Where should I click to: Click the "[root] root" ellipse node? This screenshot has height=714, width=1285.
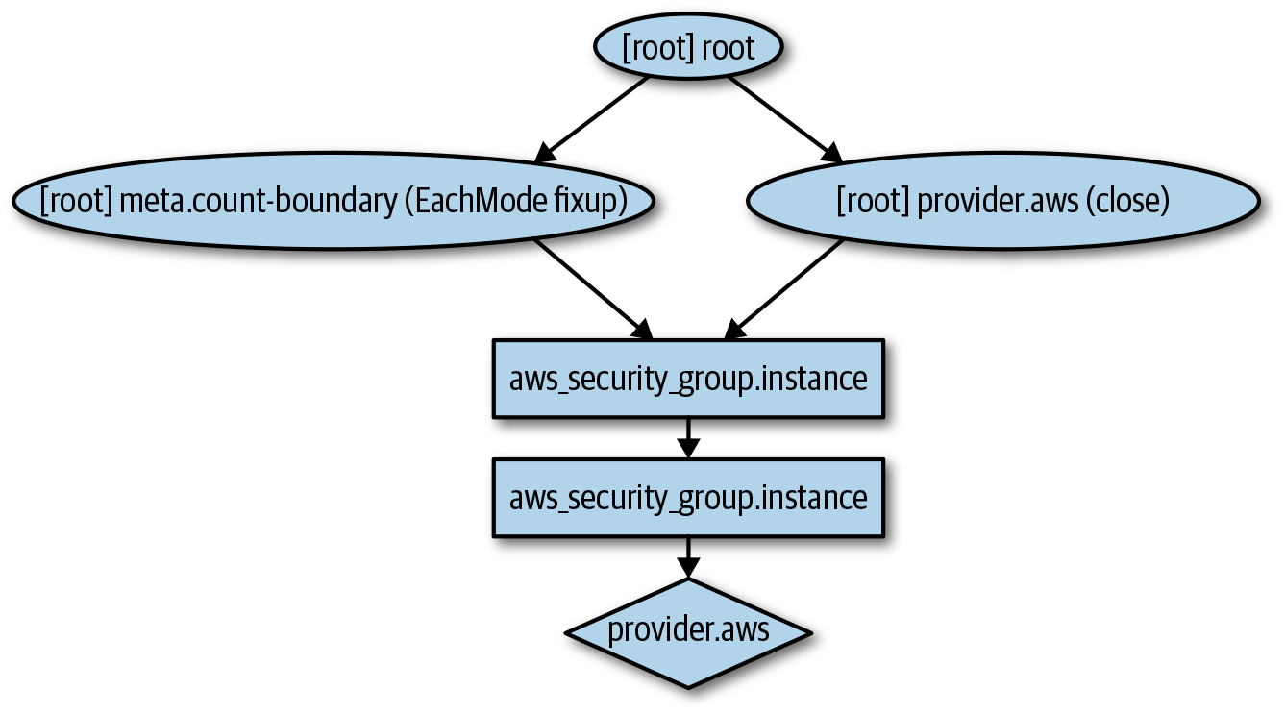(x=689, y=48)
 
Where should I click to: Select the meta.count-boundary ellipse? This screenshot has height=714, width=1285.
(x=334, y=202)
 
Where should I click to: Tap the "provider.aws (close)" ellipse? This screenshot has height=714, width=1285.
(x=1002, y=202)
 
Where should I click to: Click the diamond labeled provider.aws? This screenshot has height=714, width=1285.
(x=688, y=631)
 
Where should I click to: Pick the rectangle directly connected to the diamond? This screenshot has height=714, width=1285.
(x=688, y=498)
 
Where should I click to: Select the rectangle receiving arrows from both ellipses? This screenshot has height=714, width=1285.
(x=688, y=379)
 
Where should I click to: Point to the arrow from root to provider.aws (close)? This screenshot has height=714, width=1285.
(x=783, y=118)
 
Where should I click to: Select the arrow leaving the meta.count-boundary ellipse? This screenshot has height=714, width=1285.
(x=592, y=289)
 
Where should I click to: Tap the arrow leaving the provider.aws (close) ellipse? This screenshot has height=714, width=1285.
(x=783, y=289)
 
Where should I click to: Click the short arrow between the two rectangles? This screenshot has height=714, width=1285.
(x=688, y=438)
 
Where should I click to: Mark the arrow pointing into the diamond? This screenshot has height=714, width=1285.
(x=688, y=557)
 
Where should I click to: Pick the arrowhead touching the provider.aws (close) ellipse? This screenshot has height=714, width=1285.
(x=831, y=153)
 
